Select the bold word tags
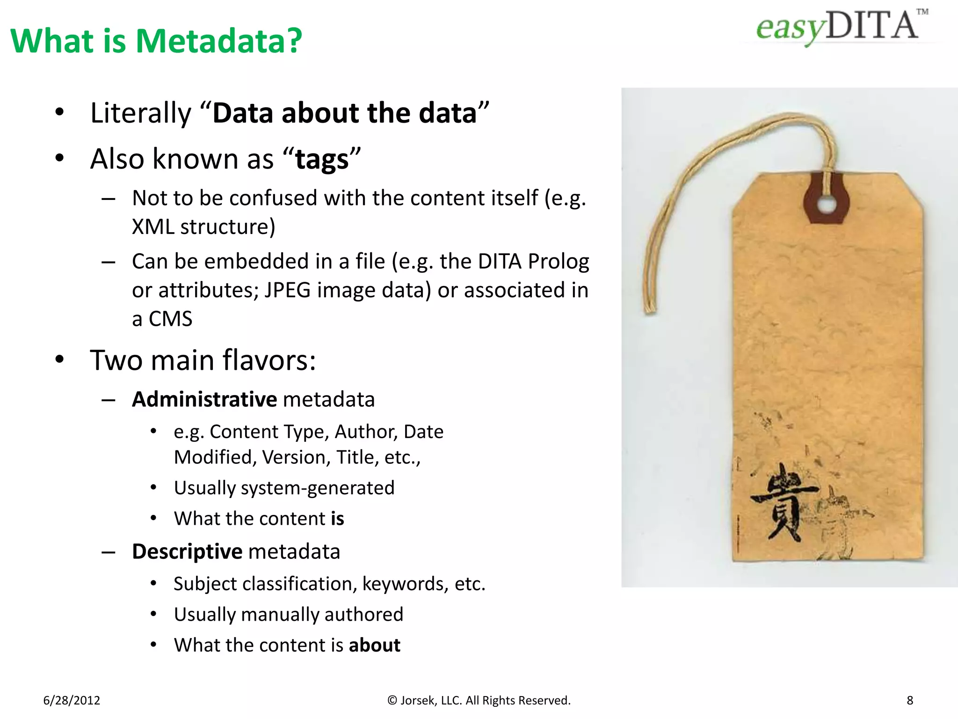click(322, 159)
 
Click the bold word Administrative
click(205, 399)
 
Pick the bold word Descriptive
click(187, 551)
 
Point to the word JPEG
click(287, 290)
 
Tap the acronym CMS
click(170, 319)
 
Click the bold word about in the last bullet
click(374, 645)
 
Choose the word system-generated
click(318, 488)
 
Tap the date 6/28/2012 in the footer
click(72, 700)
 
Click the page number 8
click(910, 700)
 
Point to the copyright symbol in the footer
click(392, 700)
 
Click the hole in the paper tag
click(827, 205)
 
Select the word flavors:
click(269, 360)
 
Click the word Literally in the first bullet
click(141, 113)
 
